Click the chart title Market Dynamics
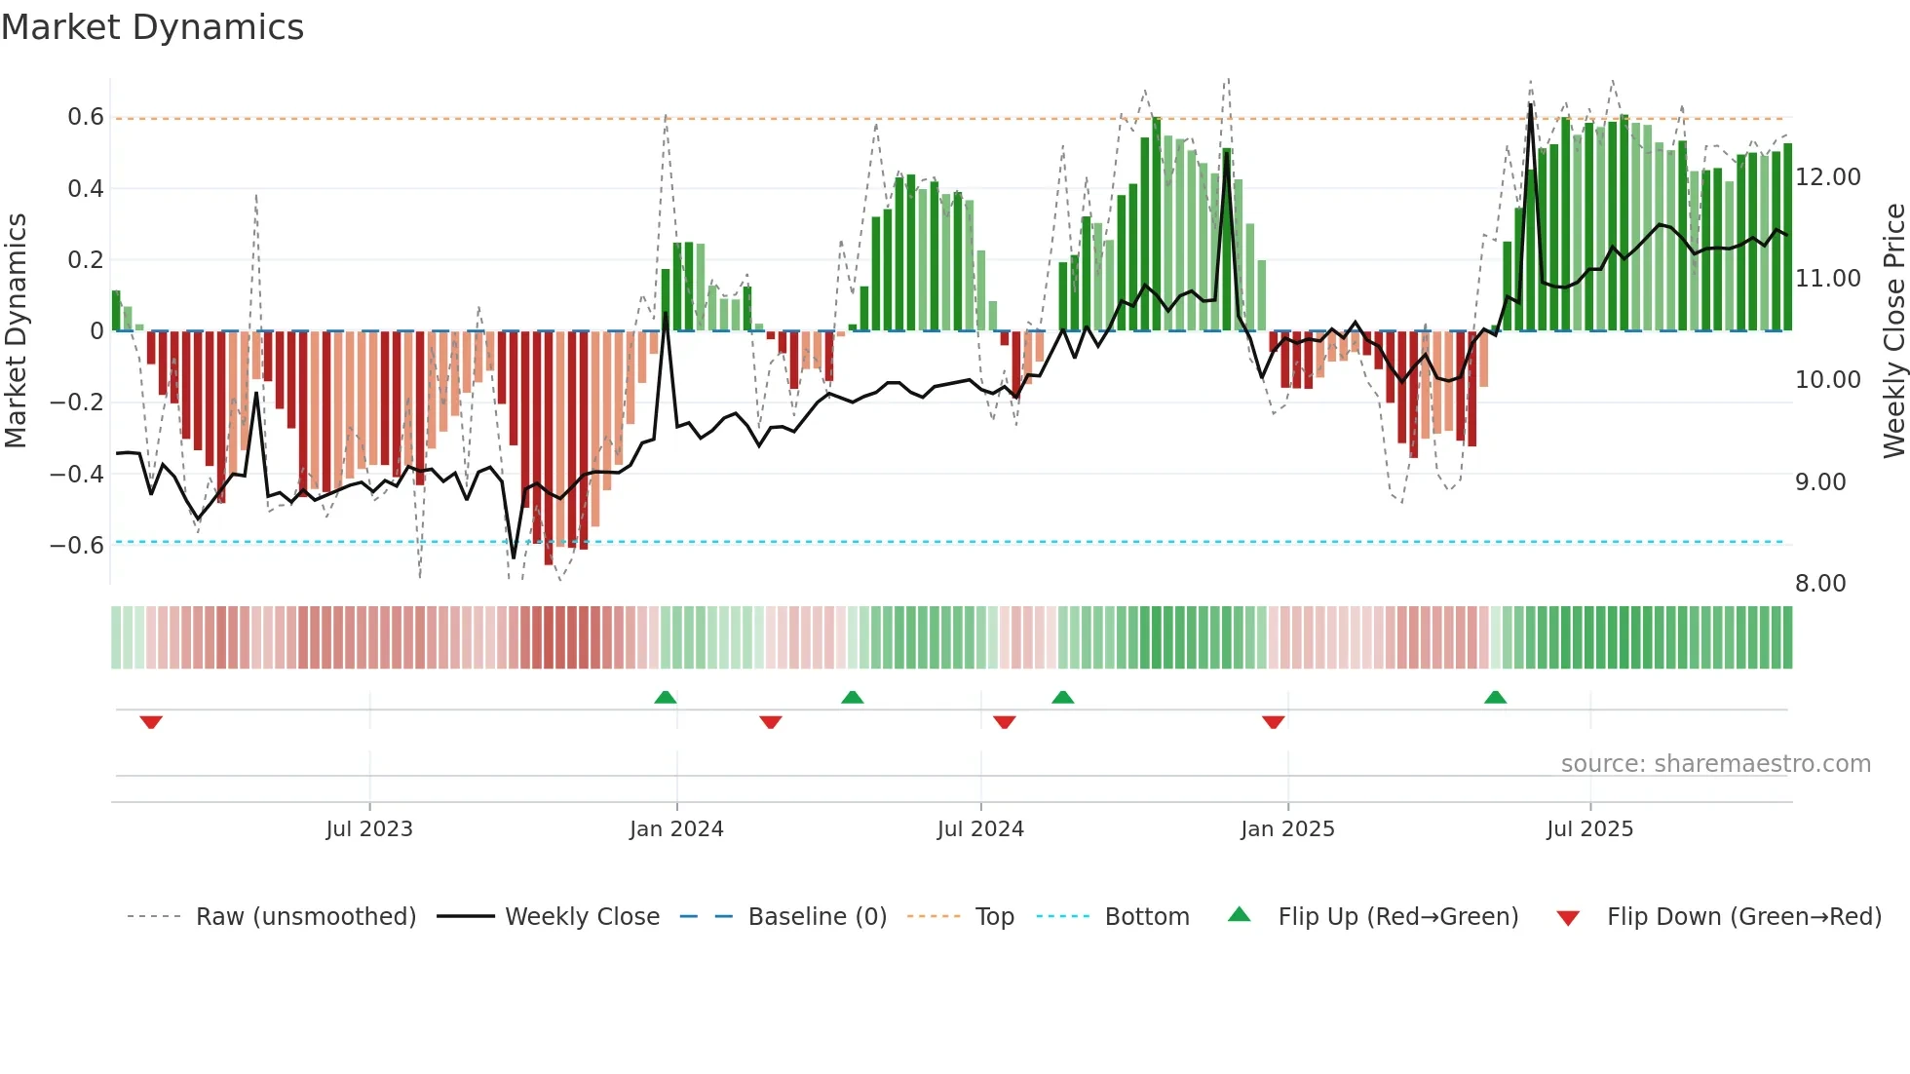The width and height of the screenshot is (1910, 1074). [153, 27]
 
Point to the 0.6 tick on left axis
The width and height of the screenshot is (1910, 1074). [86, 117]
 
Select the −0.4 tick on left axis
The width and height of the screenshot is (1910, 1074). [77, 474]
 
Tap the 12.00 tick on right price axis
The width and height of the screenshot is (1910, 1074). [1828, 177]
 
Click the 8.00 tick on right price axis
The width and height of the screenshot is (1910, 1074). [1820, 584]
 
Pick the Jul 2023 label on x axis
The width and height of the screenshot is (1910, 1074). [369, 829]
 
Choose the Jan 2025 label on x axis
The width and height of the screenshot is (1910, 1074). [1287, 829]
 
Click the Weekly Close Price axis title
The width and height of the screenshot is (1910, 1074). [1893, 331]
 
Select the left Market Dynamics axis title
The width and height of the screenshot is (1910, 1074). [16, 331]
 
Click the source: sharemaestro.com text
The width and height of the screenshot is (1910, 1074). [1715, 764]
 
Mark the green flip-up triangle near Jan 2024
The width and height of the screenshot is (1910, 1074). [666, 698]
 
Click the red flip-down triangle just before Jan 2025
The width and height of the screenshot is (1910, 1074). [1273, 722]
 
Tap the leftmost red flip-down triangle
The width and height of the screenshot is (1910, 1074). [151, 722]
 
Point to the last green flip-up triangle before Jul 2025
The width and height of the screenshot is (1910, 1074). [1495, 698]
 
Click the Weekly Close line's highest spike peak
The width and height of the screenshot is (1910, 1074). [1531, 104]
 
